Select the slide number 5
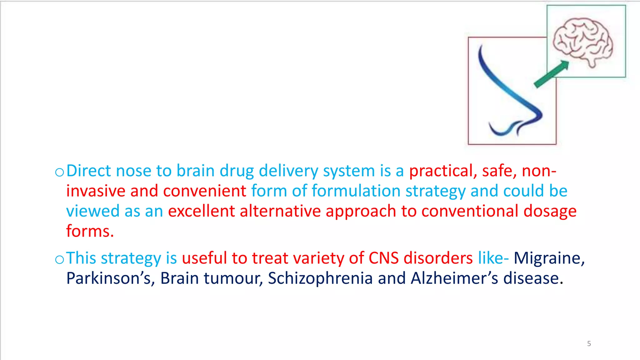pos(589,344)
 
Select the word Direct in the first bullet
pos(89,171)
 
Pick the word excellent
pos(201,211)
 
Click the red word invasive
pos(96,191)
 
